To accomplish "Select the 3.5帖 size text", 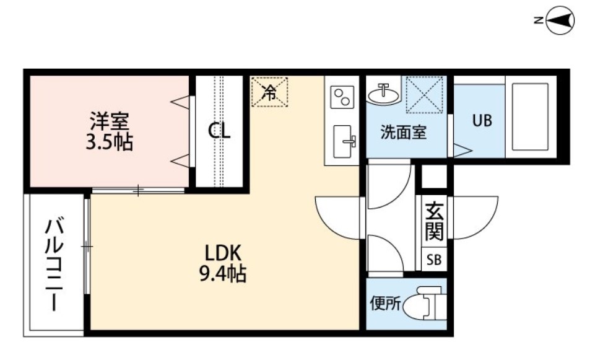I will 109,142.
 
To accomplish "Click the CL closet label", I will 219,131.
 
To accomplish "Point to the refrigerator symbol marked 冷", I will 269,92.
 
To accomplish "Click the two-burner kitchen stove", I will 342,97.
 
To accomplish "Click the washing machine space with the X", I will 425,94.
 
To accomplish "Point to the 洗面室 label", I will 403,132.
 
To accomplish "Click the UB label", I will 482,121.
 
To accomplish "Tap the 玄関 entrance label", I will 434,222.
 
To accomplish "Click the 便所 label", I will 386,304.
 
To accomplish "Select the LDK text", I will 223,253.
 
